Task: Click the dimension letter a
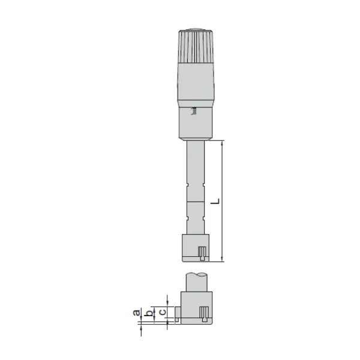tap(137, 313)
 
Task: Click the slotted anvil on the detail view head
tap(205, 313)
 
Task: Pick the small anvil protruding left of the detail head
tap(177, 311)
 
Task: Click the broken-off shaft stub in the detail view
tap(197, 280)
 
